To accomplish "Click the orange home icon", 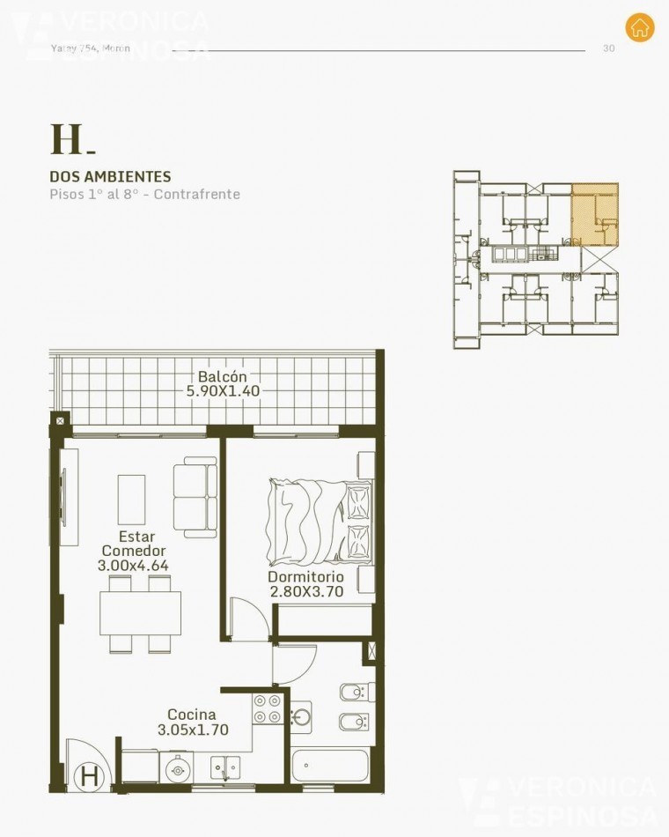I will (640, 26).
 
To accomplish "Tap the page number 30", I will (608, 48).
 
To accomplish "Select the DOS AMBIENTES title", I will (110, 177).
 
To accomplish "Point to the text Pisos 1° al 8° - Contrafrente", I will (144, 194).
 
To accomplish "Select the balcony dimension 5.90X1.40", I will (222, 391).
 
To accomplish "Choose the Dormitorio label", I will (305, 577).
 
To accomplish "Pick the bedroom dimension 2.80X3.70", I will (305, 592).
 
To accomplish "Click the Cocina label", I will (193, 715).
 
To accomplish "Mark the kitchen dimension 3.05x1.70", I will (193, 730).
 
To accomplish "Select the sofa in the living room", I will (195, 495).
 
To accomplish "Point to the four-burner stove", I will (268, 708).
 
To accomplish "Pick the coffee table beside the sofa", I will (132, 500).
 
